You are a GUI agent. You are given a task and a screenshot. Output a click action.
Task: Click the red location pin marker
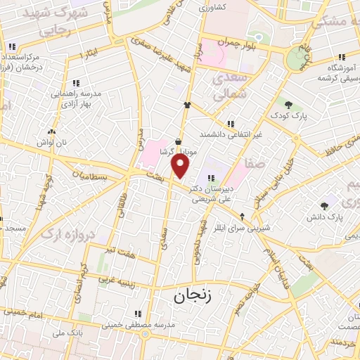click(x=181, y=166)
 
